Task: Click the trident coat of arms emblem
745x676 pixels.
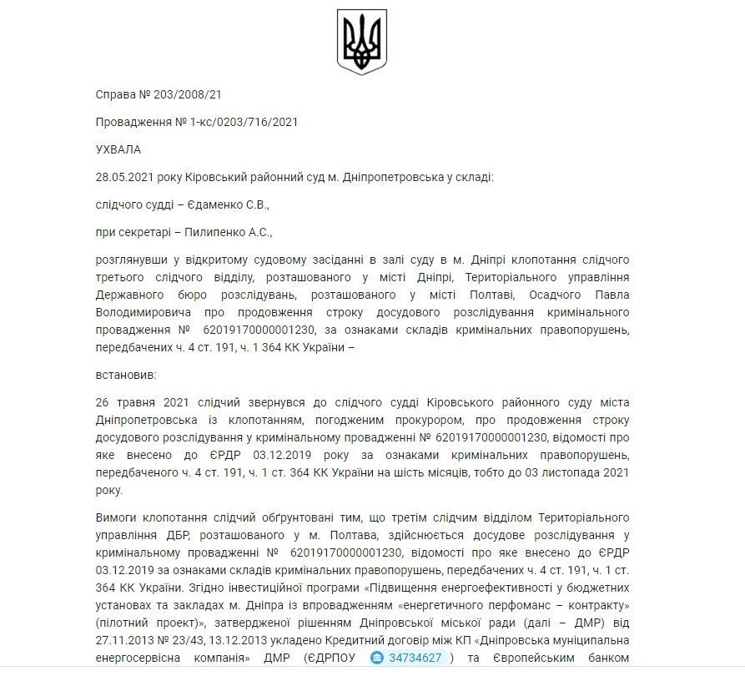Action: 361,42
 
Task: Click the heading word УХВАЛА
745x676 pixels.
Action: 119,149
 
